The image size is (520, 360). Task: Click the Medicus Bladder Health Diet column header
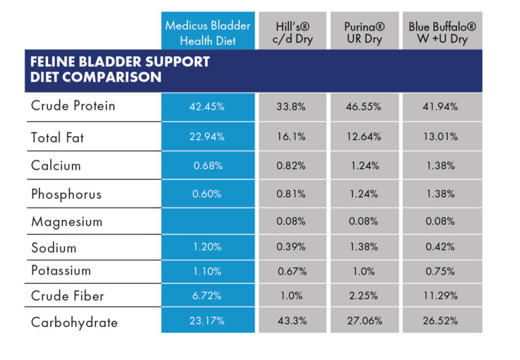pyautogui.click(x=208, y=32)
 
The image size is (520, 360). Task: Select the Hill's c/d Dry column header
pyautogui.click(x=292, y=32)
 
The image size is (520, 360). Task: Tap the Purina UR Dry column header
pyautogui.click(x=365, y=32)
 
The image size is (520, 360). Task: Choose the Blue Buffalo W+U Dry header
pyautogui.click(x=442, y=32)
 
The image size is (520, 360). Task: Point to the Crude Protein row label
pyautogui.click(x=73, y=106)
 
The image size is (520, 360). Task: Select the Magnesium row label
pyautogui.click(x=66, y=221)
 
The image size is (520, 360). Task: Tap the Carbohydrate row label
pyautogui.click(x=74, y=322)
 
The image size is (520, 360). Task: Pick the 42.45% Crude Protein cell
pyautogui.click(x=208, y=106)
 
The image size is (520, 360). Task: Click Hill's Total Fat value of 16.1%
pyautogui.click(x=292, y=137)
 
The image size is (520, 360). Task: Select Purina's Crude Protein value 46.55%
pyautogui.click(x=365, y=106)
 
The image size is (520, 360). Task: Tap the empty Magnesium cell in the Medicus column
pyautogui.click(x=208, y=221)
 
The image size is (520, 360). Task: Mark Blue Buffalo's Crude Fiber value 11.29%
pyautogui.click(x=442, y=296)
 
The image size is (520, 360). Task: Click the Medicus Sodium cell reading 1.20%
pyautogui.click(x=208, y=247)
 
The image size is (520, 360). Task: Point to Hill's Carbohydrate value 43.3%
pyautogui.click(x=292, y=321)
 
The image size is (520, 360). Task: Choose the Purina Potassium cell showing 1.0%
pyautogui.click(x=365, y=271)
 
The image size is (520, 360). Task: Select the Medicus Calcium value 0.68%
pyautogui.click(x=208, y=166)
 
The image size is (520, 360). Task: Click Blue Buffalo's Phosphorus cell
pyautogui.click(x=442, y=194)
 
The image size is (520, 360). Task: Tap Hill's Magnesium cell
pyautogui.click(x=292, y=221)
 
